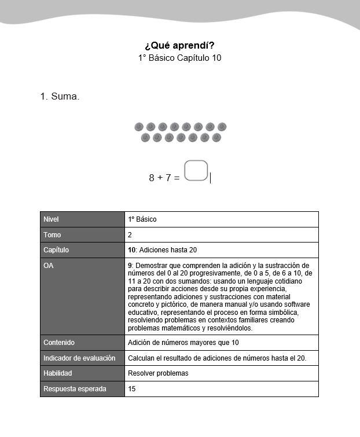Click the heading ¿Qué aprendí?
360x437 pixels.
tap(179, 45)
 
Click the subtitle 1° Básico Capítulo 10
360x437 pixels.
tap(179, 58)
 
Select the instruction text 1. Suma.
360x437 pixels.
tap(60, 97)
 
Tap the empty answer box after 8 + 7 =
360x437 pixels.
tap(196, 171)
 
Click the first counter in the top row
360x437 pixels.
tap(139, 127)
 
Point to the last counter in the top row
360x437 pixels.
tap(222, 127)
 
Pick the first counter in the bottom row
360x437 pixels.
tap(145, 138)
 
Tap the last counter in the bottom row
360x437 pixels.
tap(216, 138)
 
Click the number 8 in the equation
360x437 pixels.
tap(152, 178)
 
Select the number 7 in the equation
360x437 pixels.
tap(168, 178)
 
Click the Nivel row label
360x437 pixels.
tap(51, 219)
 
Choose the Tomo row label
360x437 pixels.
tap(52, 235)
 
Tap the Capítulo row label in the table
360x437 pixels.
tap(56, 250)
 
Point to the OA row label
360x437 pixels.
tap(49, 266)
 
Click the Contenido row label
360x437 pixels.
tap(59, 343)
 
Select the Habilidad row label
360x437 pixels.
tap(59, 373)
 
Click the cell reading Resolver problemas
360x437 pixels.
tap(158, 373)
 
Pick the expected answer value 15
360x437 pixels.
tap(132, 389)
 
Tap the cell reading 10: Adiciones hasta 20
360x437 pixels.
tap(163, 250)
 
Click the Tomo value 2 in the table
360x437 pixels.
tap(130, 235)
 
